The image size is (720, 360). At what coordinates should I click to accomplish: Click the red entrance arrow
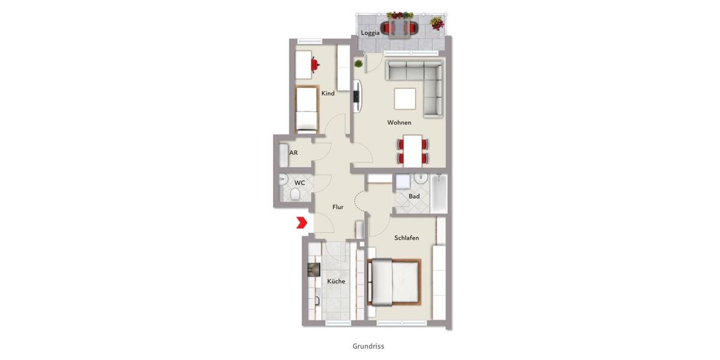(301, 223)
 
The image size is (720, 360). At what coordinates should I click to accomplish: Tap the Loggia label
(370, 33)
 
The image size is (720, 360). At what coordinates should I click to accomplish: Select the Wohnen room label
(399, 122)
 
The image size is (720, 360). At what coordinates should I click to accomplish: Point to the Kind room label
(328, 94)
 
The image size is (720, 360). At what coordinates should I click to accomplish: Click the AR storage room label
(293, 153)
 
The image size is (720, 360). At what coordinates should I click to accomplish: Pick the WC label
(299, 182)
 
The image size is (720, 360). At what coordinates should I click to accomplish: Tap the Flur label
(338, 207)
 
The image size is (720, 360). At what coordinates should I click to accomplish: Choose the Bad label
(414, 196)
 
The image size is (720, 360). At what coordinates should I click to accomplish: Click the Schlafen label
(406, 238)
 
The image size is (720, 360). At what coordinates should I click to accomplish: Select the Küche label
(336, 281)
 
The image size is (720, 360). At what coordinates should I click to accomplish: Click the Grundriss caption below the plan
(368, 346)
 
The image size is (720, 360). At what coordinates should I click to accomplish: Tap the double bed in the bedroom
(395, 282)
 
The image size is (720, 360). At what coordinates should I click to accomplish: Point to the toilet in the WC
(295, 194)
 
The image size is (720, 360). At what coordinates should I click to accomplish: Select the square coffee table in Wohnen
(405, 98)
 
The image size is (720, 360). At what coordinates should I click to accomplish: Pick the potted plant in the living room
(358, 63)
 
